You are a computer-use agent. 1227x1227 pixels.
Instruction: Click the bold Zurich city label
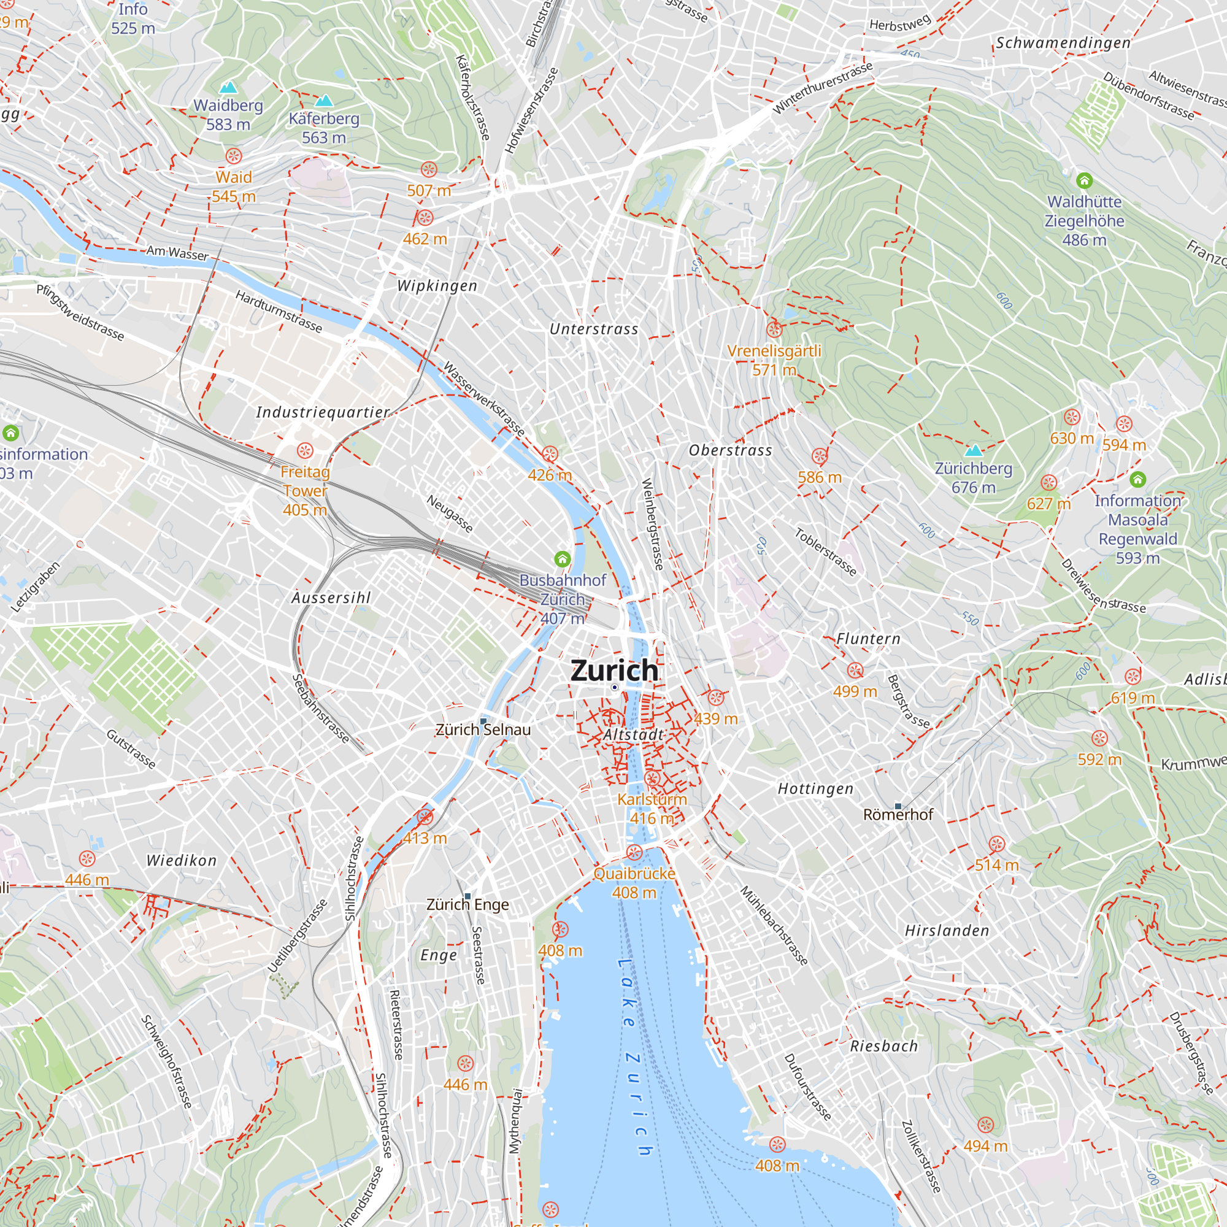pyautogui.click(x=614, y=670)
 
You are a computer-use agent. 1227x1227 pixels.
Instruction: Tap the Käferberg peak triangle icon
pyautogui.click(x=324, y=101)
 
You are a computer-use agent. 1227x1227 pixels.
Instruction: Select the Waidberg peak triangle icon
pyautogui.click(x=228, y=88)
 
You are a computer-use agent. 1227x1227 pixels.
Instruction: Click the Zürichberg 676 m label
pyautogui.click(x=973, y=477)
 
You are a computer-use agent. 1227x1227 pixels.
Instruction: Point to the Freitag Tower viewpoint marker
pyautogui.click(x=305, y=451)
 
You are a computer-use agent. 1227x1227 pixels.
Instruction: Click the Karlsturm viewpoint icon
pyautogui.click(x=652, y=778)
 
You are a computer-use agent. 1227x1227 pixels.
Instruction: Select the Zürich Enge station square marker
pyautogui.click(x=468, y=896)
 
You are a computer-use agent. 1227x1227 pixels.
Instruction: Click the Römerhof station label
pyautogui.click(x=898, y=814)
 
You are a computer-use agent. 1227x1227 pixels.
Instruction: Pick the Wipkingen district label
pyautogui.click(x=437, y=286)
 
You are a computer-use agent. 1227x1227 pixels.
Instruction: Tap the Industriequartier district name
pyautogui.click(x=323, y=412)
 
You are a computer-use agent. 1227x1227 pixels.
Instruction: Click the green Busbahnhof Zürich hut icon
pyautogui.click(x=562, y=559)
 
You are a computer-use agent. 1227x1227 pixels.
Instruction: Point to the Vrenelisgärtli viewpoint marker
pyautogui.click(x=774, y=329)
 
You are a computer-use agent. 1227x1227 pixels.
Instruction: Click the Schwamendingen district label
pyautogui.click(x=1063, y=43)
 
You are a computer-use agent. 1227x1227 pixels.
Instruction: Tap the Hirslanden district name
pyautogui.click(x=947, y=931)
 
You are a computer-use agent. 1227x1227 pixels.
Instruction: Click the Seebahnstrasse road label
pyautogui.click(x=321, y=709)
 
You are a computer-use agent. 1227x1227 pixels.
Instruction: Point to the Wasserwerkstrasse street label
pyautogui.click(x=484, y=399)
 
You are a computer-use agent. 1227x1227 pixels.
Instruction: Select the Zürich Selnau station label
pyautogui.click(x=483, y=729)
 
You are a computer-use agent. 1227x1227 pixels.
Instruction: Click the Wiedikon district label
pyautogui.click(x=182, y=861)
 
